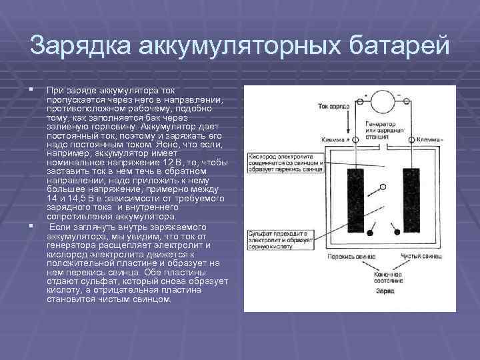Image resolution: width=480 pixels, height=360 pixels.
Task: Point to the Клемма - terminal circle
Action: coord(411,140)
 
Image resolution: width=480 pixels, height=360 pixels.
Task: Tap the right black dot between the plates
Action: coord(397,231)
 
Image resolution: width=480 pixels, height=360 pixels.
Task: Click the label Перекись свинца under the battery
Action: coord(349,257)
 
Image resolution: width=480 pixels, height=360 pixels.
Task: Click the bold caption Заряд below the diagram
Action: coord(385,291)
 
